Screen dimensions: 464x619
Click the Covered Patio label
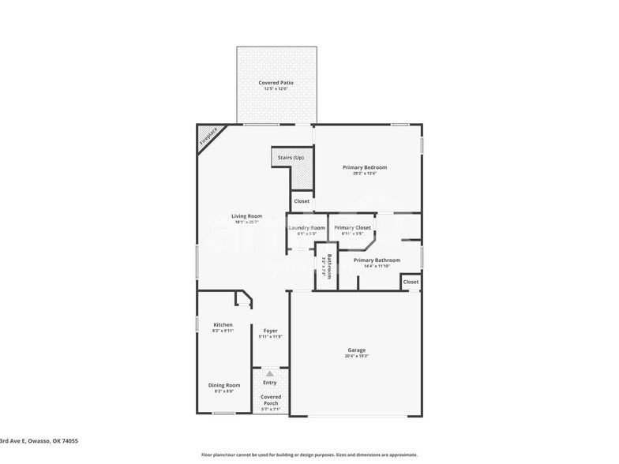coord(276,82)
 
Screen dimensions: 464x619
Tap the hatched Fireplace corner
coord(208,137)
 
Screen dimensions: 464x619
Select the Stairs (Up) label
coord(291,158)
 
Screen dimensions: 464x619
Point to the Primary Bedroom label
coord(365,167)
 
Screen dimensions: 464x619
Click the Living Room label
coord(246,216)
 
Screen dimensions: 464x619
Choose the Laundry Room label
coord(306,228)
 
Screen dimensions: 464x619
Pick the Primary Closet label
coord(352,228)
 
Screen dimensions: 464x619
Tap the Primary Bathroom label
coord(377,260)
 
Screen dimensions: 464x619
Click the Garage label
coord(357,350)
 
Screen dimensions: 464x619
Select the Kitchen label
coord(223,324)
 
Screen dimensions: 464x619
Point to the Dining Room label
coord(223,384)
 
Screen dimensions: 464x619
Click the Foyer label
coord(270,331)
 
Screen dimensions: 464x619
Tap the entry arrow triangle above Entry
coord(270,373)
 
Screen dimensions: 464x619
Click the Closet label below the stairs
coord(302,201)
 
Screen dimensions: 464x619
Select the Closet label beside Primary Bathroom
coord(411,282)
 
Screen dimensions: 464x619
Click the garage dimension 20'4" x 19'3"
coord(357,356)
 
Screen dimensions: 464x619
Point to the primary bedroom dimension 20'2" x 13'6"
coord(365,174)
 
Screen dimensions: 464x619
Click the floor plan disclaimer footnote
coord(309,455)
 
